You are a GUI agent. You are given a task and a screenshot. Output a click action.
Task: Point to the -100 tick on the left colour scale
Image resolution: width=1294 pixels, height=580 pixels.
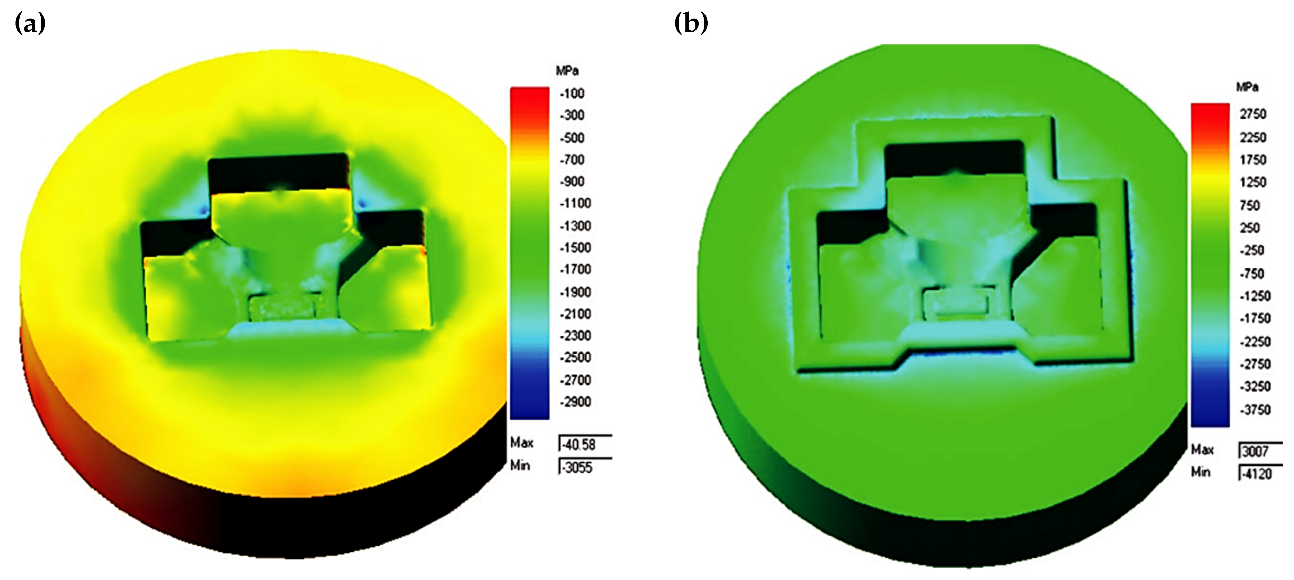pos(572,94)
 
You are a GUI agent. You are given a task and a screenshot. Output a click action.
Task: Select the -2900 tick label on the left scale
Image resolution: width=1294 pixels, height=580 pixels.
pos(575,402)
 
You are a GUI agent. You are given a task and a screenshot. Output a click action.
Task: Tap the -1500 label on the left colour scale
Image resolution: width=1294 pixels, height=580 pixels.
pos(575,248)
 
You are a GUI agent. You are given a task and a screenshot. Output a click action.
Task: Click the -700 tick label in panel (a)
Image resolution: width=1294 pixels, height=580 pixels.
pos(572,160)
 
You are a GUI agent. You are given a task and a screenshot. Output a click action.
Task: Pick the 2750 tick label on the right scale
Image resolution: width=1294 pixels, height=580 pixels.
pos(1253,114)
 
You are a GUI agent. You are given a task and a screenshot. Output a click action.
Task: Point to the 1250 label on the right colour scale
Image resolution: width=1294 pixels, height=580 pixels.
pos(1253,182)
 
